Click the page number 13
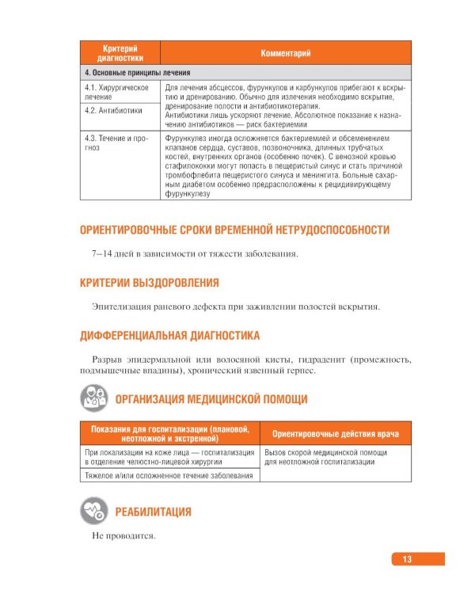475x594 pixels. tap(407, 559)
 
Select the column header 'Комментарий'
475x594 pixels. tap(285, 53)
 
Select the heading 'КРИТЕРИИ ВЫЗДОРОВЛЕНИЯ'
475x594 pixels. tap(150, 282)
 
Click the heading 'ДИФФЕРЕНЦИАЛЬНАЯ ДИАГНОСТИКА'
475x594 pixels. tap(170, 336)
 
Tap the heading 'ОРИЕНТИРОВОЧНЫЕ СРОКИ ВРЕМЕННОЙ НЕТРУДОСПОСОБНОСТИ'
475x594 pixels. tap(235, 230)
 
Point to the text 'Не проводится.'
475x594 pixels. tap(123, 536)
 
